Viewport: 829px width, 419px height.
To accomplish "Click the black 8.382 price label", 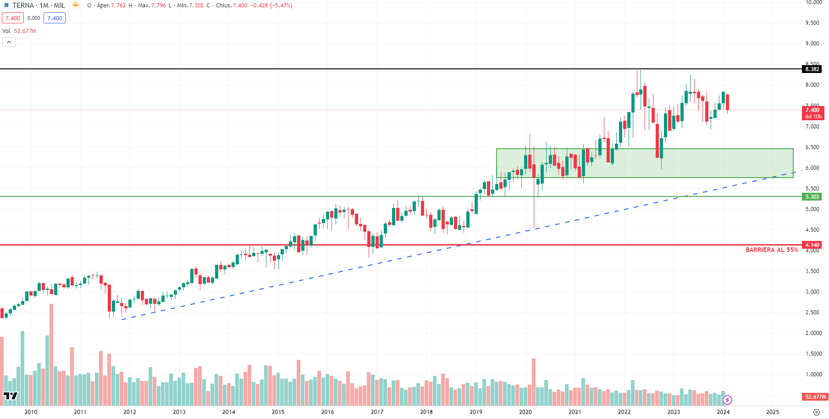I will (812, 69).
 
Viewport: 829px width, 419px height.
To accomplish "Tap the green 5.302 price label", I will (812, 197).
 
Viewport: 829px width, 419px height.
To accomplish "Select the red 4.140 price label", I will (812, 245).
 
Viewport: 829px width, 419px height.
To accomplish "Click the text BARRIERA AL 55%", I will (772, 250).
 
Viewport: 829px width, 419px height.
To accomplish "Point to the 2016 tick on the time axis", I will (327, 412).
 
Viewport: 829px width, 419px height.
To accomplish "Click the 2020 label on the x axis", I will (525, 412).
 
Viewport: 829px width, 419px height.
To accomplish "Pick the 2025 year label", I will (773, 412).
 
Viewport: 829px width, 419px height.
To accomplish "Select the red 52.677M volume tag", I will (815, 397).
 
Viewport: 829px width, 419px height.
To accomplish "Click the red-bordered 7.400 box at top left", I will (13, 18).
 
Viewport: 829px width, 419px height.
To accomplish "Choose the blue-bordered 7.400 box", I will (55, 18).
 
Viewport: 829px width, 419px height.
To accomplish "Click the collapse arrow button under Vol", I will (9, 42).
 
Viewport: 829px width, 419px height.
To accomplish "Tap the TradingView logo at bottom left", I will (10, 396).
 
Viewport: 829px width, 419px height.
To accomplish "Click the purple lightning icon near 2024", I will (727, 400).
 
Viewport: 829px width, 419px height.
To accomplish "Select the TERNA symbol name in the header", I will (23, 6).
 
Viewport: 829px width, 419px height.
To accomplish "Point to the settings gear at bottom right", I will (816, 412).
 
